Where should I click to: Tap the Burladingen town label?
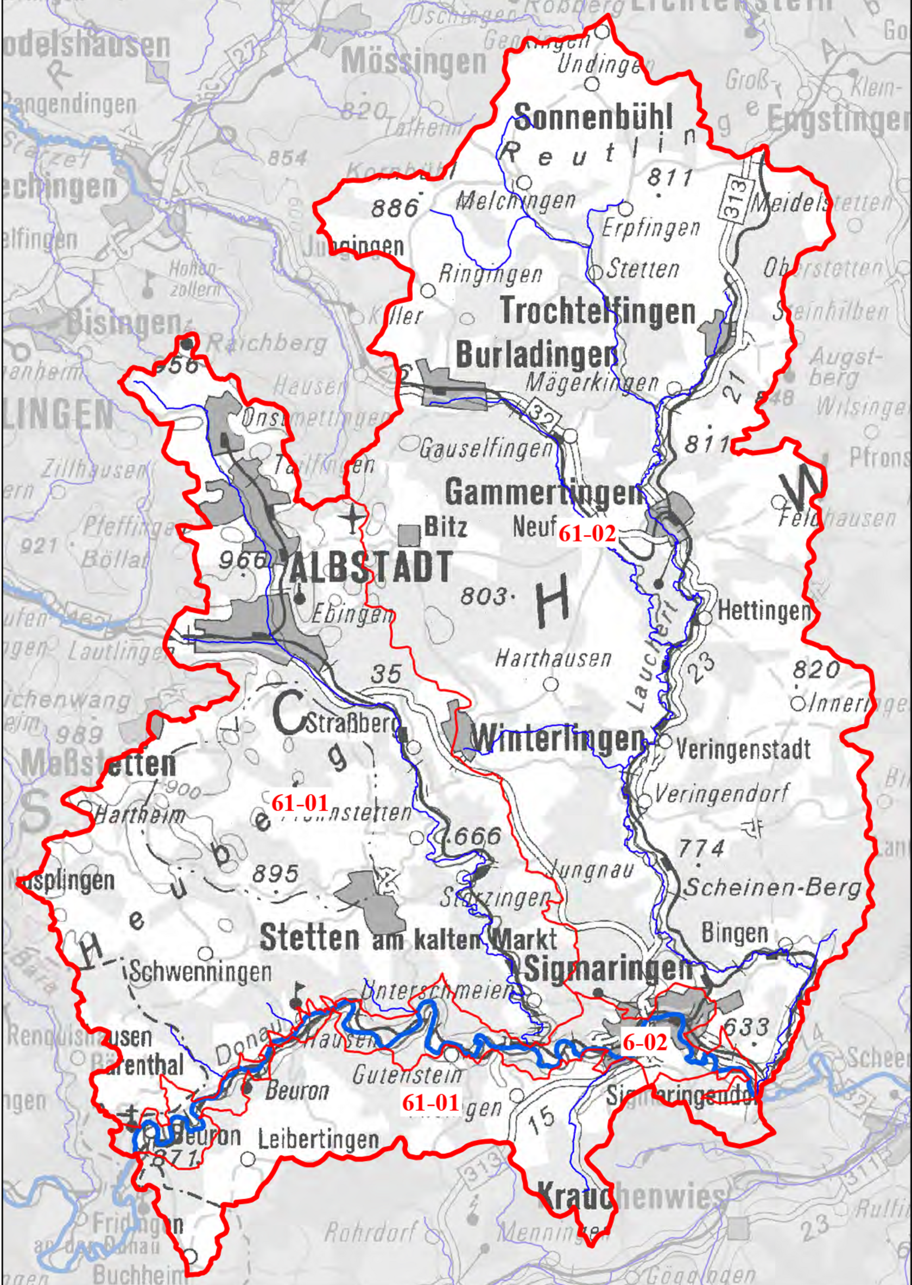click(x=537, y=355)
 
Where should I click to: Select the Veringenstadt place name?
click(x=744, y=749)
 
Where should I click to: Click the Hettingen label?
click(x=764, y=611)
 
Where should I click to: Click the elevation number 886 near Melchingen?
click(x=394, y=209)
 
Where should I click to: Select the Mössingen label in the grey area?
click(x=414, y=62)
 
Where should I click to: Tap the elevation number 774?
click(x=701, y=849)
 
